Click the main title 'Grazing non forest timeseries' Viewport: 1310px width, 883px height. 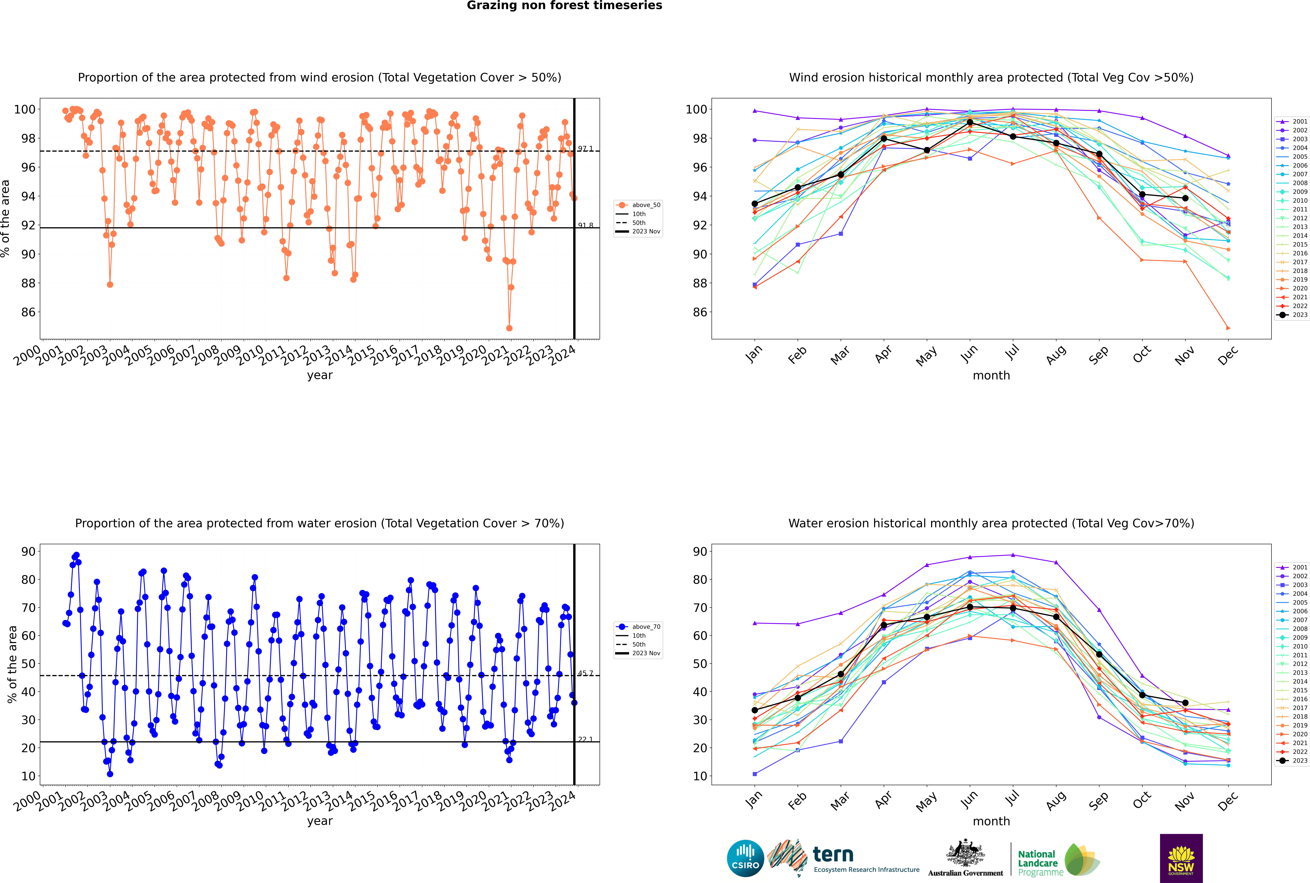[x=564, y=6]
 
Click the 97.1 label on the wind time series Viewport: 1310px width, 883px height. [x=585, y=149]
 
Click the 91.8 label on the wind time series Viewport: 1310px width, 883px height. [x=585, y=225]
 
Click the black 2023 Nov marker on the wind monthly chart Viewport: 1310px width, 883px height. [x=1185, y=198]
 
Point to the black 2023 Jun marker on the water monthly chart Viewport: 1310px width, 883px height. [x=970, y=607]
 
